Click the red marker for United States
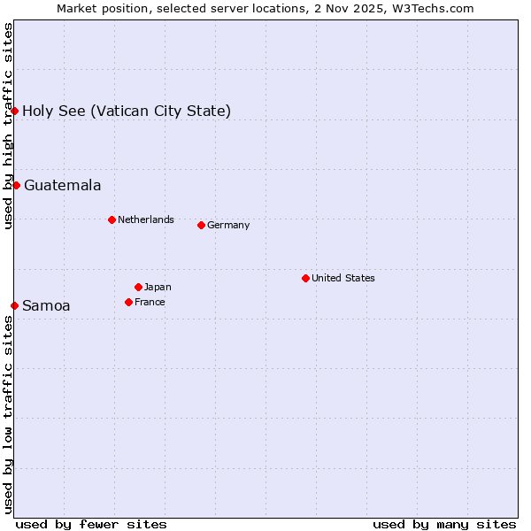(305, 278)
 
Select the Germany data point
(201, 225)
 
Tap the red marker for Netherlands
(112, 219)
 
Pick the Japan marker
(138, 287)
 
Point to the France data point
(128, 302)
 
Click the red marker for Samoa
(14, 305)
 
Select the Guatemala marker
(16, 185)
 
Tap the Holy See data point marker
(14, 111)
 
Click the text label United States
(343, 278)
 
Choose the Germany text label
(228, 225)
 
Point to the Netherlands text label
(146, 219)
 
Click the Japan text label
(158, 287)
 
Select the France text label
(150, 302)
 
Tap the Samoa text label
(46, 306)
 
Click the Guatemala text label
(62, 186)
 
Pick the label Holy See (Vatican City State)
(127, 112)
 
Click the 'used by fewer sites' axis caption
(91, 524)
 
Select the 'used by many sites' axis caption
(444, 524)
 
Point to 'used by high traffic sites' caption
(8, 126)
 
